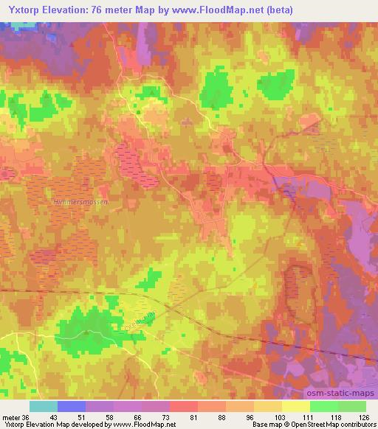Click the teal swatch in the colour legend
point(44,406)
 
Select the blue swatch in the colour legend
point(72,406)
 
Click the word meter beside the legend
point(11,417)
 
